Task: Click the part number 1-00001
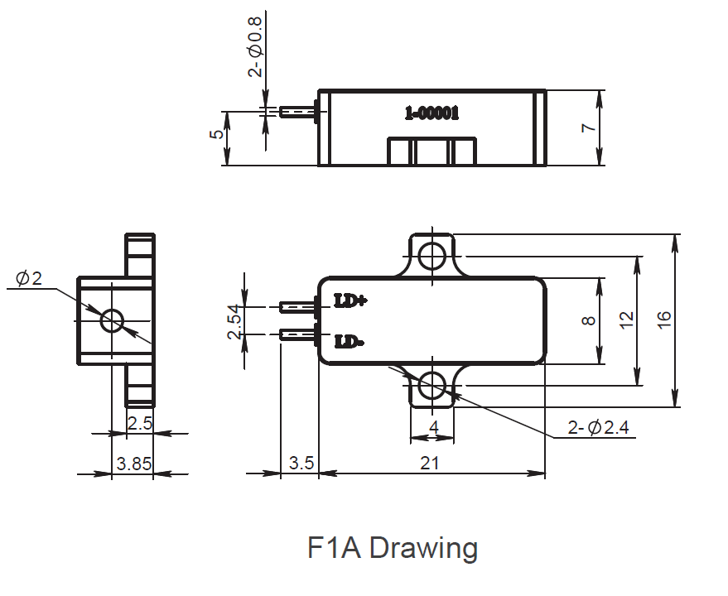click(431, 113)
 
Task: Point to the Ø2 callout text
click(29, 279)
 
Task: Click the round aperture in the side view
click(111, 320)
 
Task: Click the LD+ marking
click(350, 300)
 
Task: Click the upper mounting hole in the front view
click(431, 256)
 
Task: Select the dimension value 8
click(588, 320)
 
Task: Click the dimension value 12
click(626, 320)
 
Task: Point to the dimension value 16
click(664, 320)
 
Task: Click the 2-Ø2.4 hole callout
click(598, 427)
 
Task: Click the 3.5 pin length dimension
click(300, 463)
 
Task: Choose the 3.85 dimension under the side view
click(133, 464)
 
